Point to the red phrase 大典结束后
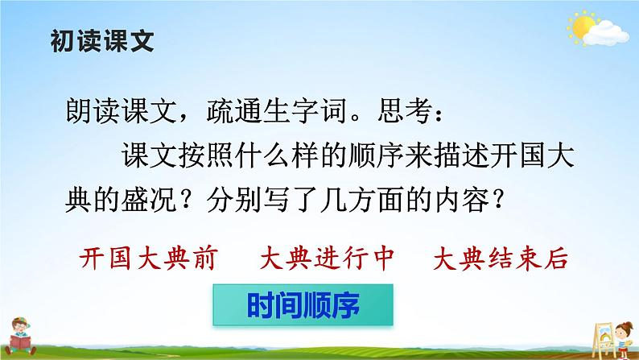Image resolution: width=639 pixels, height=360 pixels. pyautogui.click(x=500, y=259)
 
